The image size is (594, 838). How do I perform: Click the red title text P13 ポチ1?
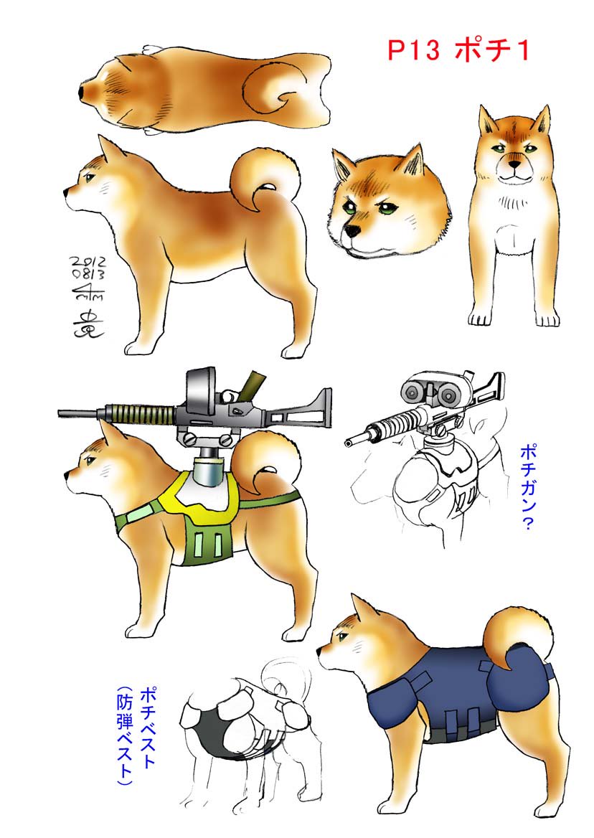click(458, 50)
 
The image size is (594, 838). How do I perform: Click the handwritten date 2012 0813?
click(87, 266)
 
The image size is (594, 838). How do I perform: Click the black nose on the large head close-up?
click(353, 231)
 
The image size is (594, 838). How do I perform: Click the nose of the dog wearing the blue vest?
click(321, 649)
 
